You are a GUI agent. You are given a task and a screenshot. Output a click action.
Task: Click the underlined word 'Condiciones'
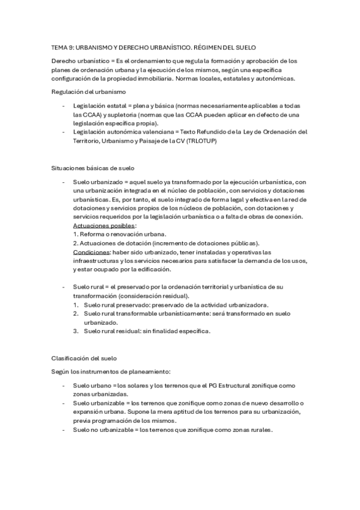91,252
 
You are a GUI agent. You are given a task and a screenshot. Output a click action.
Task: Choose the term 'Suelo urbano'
92,386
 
